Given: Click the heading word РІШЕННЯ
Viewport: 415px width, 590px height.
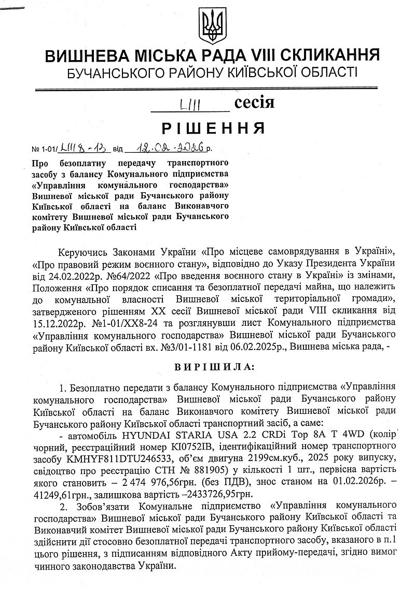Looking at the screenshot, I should pos(213,127).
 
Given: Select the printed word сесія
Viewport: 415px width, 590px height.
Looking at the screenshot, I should pos(254,103).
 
